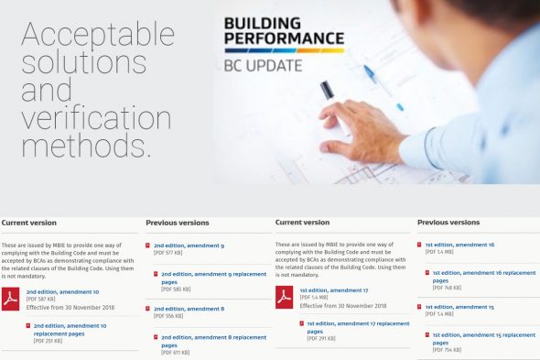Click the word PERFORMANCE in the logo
[284, 39]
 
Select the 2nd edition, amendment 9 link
[189, 245]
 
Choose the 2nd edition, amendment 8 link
[189, 309]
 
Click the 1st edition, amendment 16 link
[459, 245]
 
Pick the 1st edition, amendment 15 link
[459, 307]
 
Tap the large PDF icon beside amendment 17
[285, 297]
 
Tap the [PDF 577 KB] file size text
[169, 255]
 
